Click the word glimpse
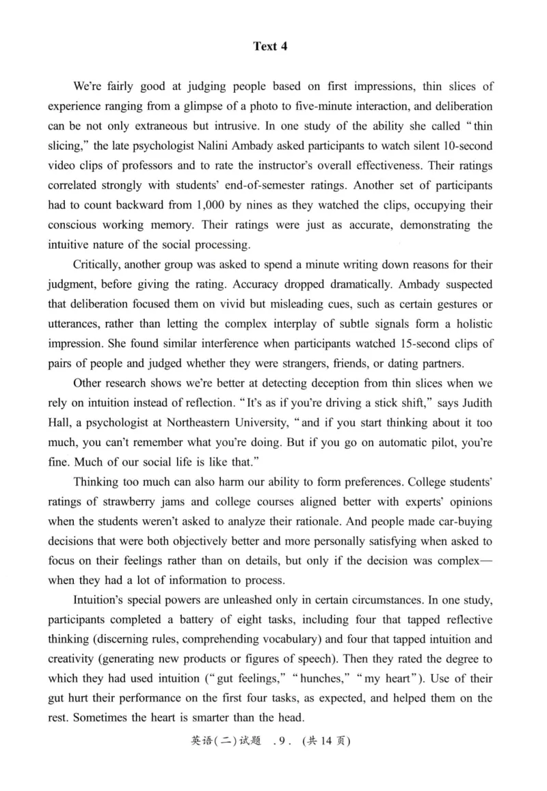coord(209,107)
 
